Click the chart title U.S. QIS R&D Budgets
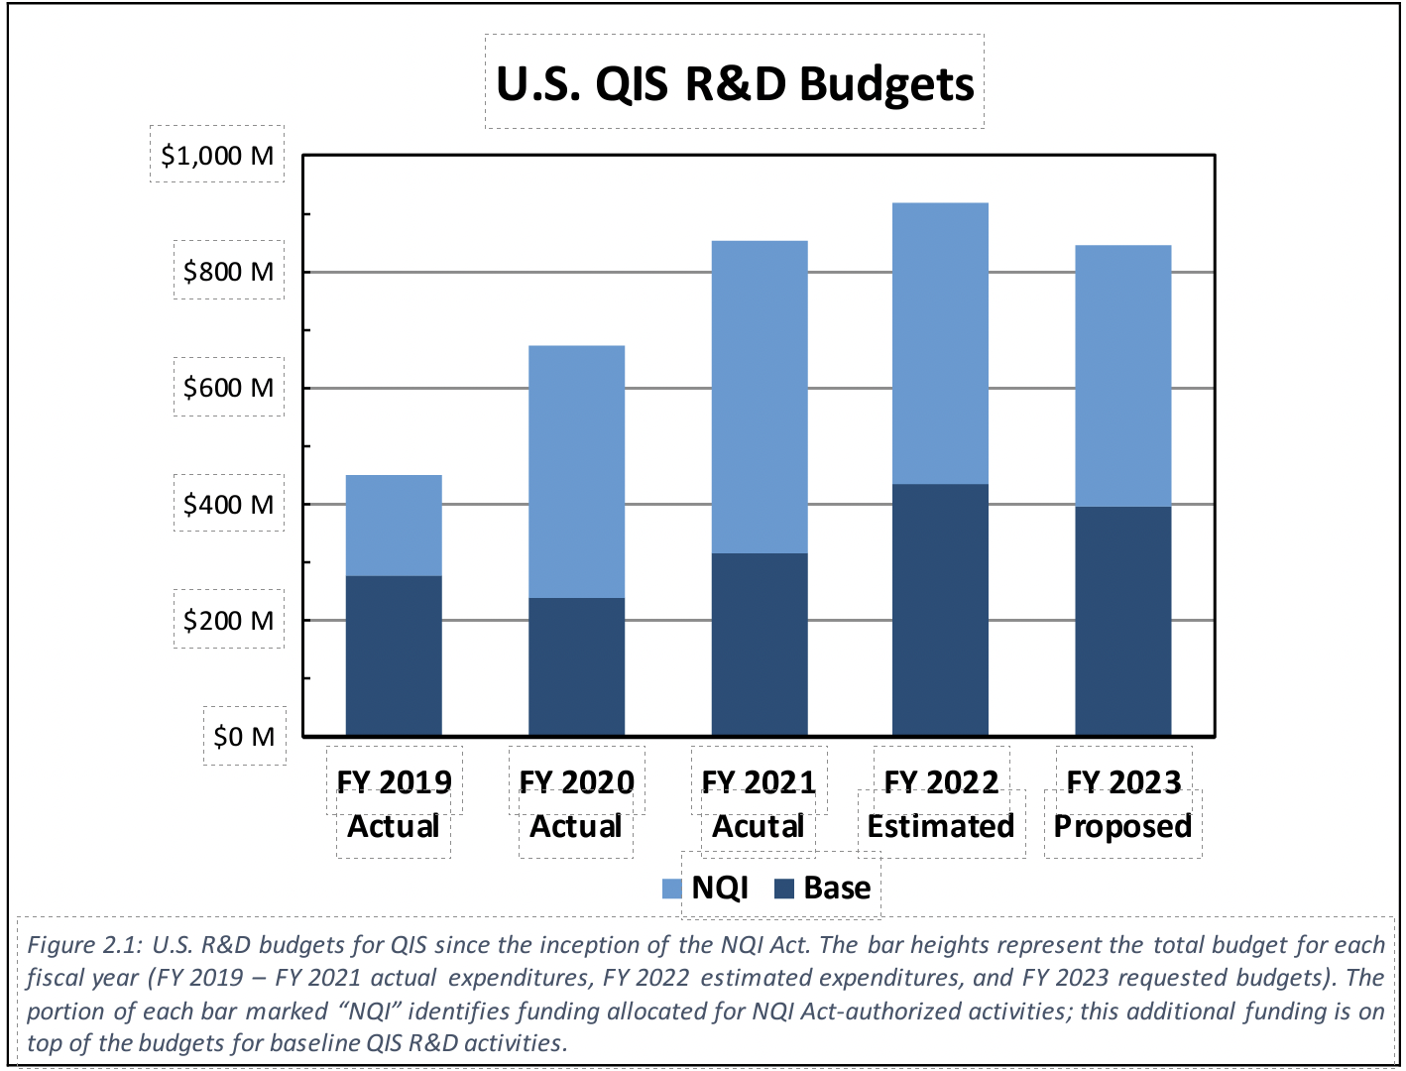(x=735, y=83)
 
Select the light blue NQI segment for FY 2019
(x=394, y=526)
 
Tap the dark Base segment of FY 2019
(x=394, y=655)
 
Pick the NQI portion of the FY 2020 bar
(x=576, y=471)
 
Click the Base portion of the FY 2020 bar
(x=576, y=666)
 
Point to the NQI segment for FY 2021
(x=760, y=397)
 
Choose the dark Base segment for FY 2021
(x=760, y=645)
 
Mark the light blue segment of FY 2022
(x=940, y=343)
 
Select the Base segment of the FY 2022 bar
(x=940, y=610)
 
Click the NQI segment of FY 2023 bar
(x=1123, y=376)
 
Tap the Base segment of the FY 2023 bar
(x=1123, y=621)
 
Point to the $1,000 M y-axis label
(x=217, y=156)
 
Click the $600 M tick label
(x=228, y=388)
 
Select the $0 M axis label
(x=244, y=737)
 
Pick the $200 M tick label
(x=228, y=621)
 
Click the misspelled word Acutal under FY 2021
(x=759, y=827)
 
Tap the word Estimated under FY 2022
(x=941, y=827)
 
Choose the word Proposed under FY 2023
(x=1122, y=827)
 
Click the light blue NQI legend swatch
(x=672, y=889)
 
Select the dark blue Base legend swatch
(x=784, y=889)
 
